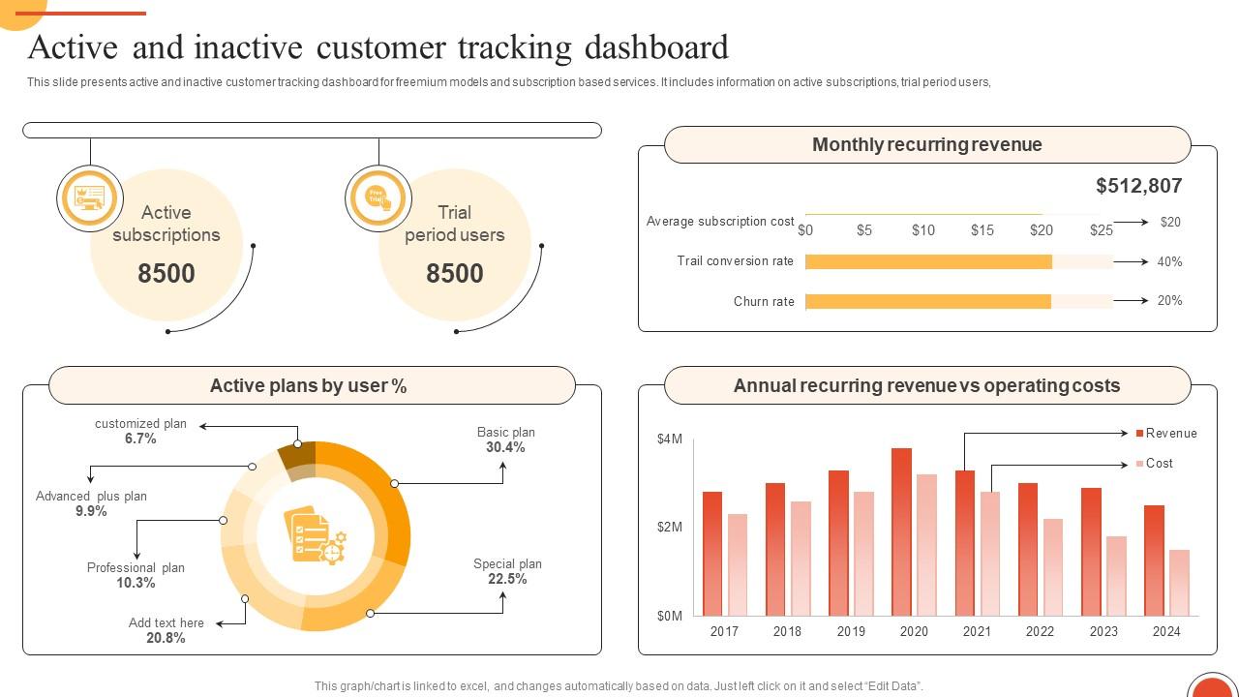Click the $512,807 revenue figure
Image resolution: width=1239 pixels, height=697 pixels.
point(1138,186)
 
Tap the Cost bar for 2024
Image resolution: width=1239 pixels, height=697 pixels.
point(1178,583)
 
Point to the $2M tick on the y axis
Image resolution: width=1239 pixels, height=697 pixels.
point(670,528)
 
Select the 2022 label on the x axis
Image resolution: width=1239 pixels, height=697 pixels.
point(1040,631)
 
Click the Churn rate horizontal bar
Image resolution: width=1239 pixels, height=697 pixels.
point(927,302)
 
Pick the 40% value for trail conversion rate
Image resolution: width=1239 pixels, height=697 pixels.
point(1169,262)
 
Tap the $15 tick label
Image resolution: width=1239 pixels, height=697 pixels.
point(982,230)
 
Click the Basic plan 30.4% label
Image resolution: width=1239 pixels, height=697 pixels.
point(505,440)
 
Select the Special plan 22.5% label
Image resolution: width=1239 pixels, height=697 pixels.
point(507,572)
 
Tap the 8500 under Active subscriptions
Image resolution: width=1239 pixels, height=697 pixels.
point(166,274)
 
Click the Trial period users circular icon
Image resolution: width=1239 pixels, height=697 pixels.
point(378,198)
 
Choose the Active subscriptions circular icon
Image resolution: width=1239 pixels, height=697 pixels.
point(90,198)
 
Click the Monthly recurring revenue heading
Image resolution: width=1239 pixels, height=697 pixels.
point(926,145)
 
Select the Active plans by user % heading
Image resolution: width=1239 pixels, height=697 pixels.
point(308,386)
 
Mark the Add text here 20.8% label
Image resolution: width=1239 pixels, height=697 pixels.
point(166,630)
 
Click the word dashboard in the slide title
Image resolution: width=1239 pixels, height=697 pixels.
point(655,47)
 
